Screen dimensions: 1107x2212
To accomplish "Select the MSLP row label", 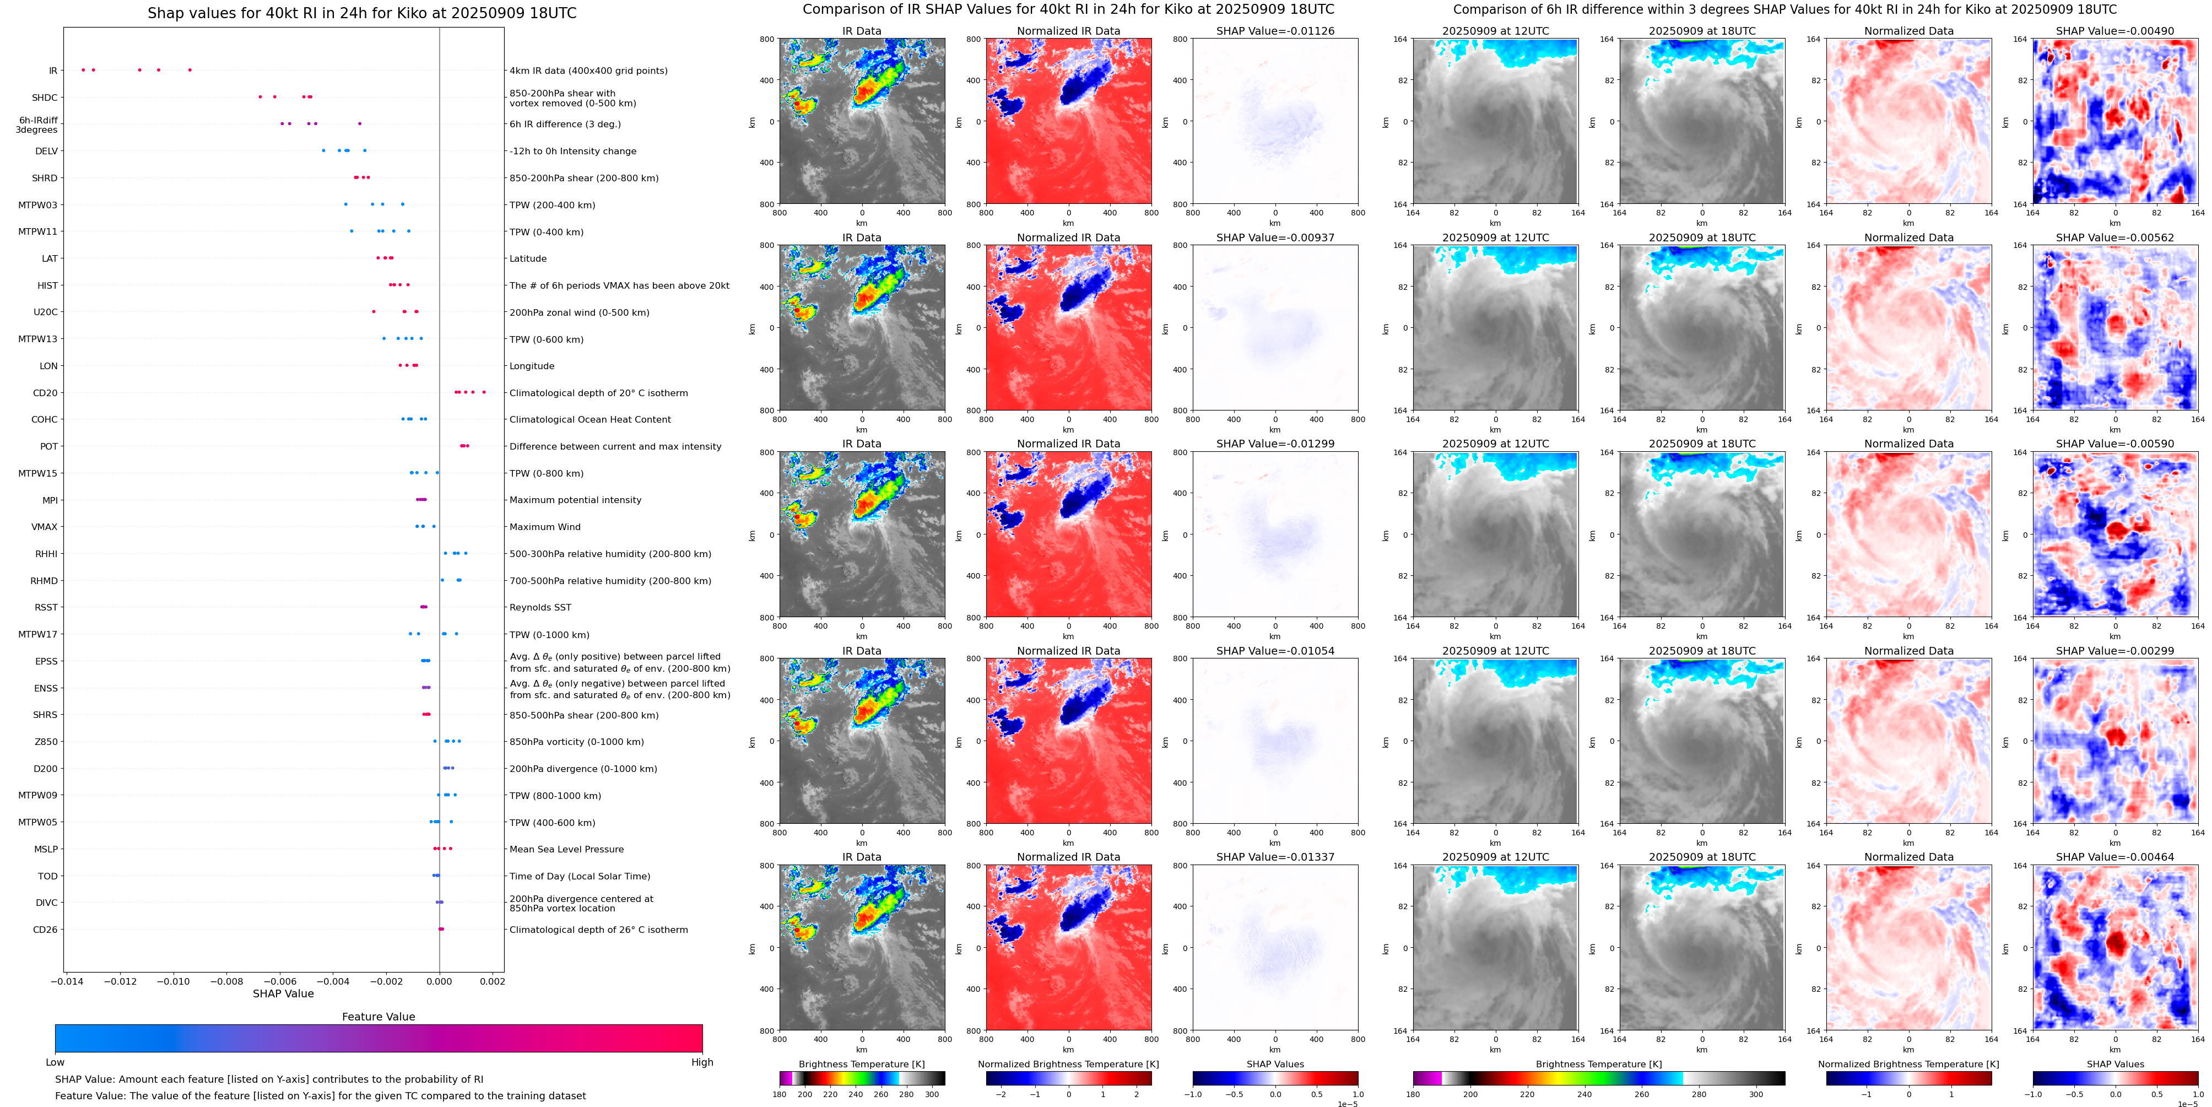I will pyautogui.click(x=46, y=849).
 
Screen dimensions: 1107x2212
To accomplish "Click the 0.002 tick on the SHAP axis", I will pyautogui.click(x=492, y=981).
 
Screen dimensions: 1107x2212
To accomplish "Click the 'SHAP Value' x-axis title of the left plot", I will pyautogui.click(x=283, y=993).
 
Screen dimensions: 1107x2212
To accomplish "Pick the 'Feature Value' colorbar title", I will pyautogui.click(x=378, y=1017).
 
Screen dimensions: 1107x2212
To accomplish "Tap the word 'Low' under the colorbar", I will pyautogui.click(x=55, y=1062).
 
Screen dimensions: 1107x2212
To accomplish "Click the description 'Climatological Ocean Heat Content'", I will pyautogui.click(x=590, y=420).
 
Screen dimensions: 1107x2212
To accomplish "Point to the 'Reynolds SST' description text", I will pyautogui.click(x=540, y=608).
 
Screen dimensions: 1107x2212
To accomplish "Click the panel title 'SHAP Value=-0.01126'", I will pyautogui.click(x=1275, y=31).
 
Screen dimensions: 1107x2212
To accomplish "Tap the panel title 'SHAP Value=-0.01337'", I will pyautogui.click(x=1275, y=857).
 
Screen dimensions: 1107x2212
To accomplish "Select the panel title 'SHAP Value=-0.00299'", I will pyautogui.click(x=2115, y=651).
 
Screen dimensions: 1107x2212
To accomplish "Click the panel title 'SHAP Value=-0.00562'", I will pyautogui.click(x=2115, y=238).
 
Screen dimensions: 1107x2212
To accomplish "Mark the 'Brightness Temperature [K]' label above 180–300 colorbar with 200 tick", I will pyautogui.click(x=861, y=1064).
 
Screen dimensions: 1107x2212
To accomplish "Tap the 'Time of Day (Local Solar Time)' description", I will pyautogui.click(x=580, y=877).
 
